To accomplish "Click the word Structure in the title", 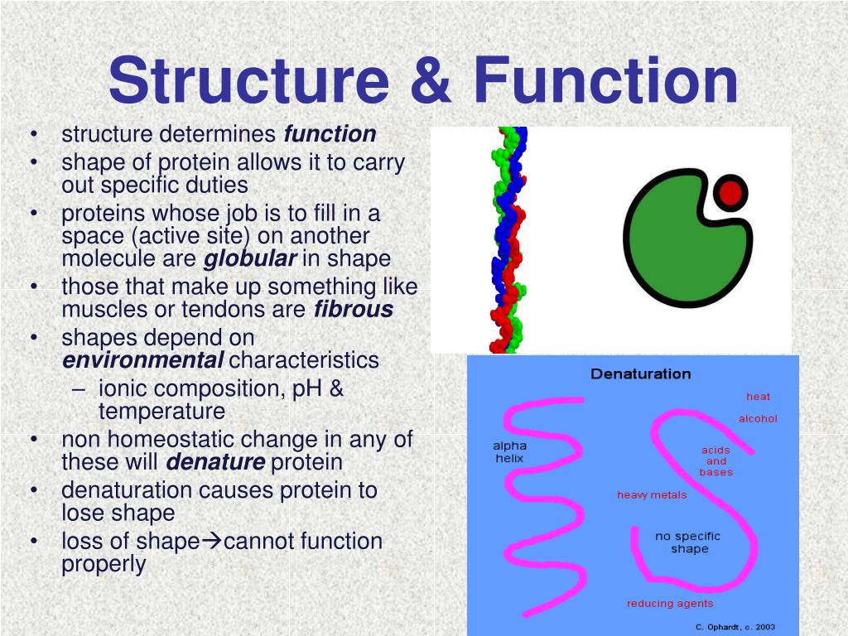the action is click(248, 81).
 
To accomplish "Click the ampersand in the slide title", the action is click(431, 81).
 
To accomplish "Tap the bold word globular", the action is click(250, 259).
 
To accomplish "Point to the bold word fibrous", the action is click(354, 310).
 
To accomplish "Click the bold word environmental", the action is click(142, 361).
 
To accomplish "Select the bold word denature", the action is click(215, 463).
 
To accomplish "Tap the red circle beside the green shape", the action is click(730, 194).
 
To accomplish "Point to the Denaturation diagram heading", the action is click(640, 374).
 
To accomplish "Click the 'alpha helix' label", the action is click(509, 452).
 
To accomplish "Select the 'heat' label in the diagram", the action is click(758, 397).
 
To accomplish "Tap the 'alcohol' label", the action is click(758, 419).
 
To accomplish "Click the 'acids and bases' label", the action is click(715, 461).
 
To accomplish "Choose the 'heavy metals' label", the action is click(652, 495).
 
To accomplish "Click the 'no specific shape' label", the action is click(688, 542).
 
